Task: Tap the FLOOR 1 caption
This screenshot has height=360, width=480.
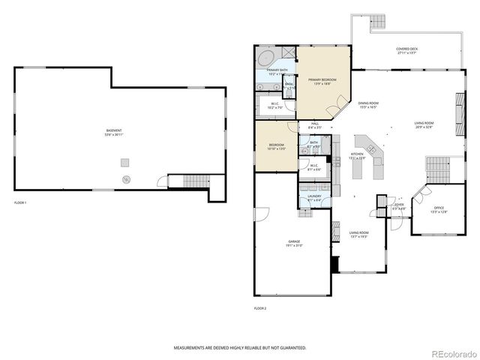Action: tap(20, 203)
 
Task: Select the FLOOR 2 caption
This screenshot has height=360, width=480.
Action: tap(260, 308)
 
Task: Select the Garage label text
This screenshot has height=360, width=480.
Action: tap(294, 243)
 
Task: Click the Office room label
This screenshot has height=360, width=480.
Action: tap(439, 210)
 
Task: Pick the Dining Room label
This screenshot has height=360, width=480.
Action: tap(367, 105)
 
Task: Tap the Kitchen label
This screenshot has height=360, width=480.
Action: tap(357, 155)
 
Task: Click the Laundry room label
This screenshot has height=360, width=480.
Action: tap(314, 199)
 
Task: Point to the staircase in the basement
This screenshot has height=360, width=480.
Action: tap(196, 181)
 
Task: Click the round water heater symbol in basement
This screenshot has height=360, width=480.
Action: tap(127, 179)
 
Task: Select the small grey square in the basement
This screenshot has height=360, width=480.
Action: tap(124, 161)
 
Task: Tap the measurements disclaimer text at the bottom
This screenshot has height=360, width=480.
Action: tap(240, 348)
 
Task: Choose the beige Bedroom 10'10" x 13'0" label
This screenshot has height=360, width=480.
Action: tap(276, 146)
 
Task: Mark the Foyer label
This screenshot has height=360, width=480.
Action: tap(400, 205)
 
